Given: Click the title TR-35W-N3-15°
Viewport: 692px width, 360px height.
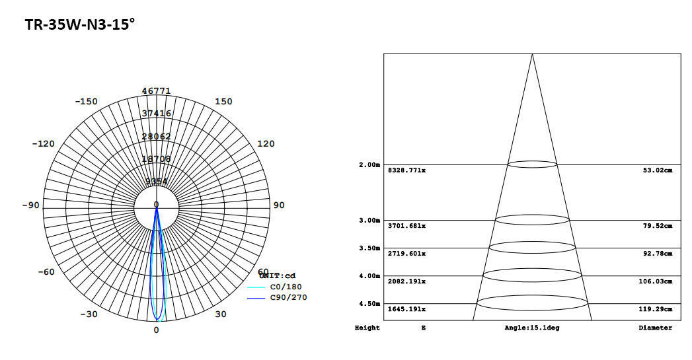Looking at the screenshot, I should (x=80, y=25).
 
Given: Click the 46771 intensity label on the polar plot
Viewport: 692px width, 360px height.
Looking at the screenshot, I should (x=157, y=91).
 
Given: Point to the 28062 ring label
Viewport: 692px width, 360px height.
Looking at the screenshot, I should (x=157, y=137).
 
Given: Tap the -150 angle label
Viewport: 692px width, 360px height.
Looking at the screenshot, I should (x=86, y=102).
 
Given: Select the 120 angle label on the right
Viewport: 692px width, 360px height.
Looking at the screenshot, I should (x=265, y=144).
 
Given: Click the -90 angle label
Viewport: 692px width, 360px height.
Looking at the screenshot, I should (x=30, y=205).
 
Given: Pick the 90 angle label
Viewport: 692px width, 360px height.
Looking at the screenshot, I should (x=279, y=205).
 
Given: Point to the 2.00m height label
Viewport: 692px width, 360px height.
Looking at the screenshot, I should (x=369, y=164).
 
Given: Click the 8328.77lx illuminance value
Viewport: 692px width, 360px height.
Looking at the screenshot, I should (x=406, y=170).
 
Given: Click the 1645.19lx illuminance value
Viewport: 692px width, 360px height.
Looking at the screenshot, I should (x=406, y=309).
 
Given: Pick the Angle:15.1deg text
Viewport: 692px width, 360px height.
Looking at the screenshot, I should (x=531, y=328).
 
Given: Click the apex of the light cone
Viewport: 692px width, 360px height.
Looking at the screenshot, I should (x=532, y=54).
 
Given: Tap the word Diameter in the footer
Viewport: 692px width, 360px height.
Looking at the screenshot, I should (x=655, y=328).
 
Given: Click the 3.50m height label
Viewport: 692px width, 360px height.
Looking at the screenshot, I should (x=369, y=248).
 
